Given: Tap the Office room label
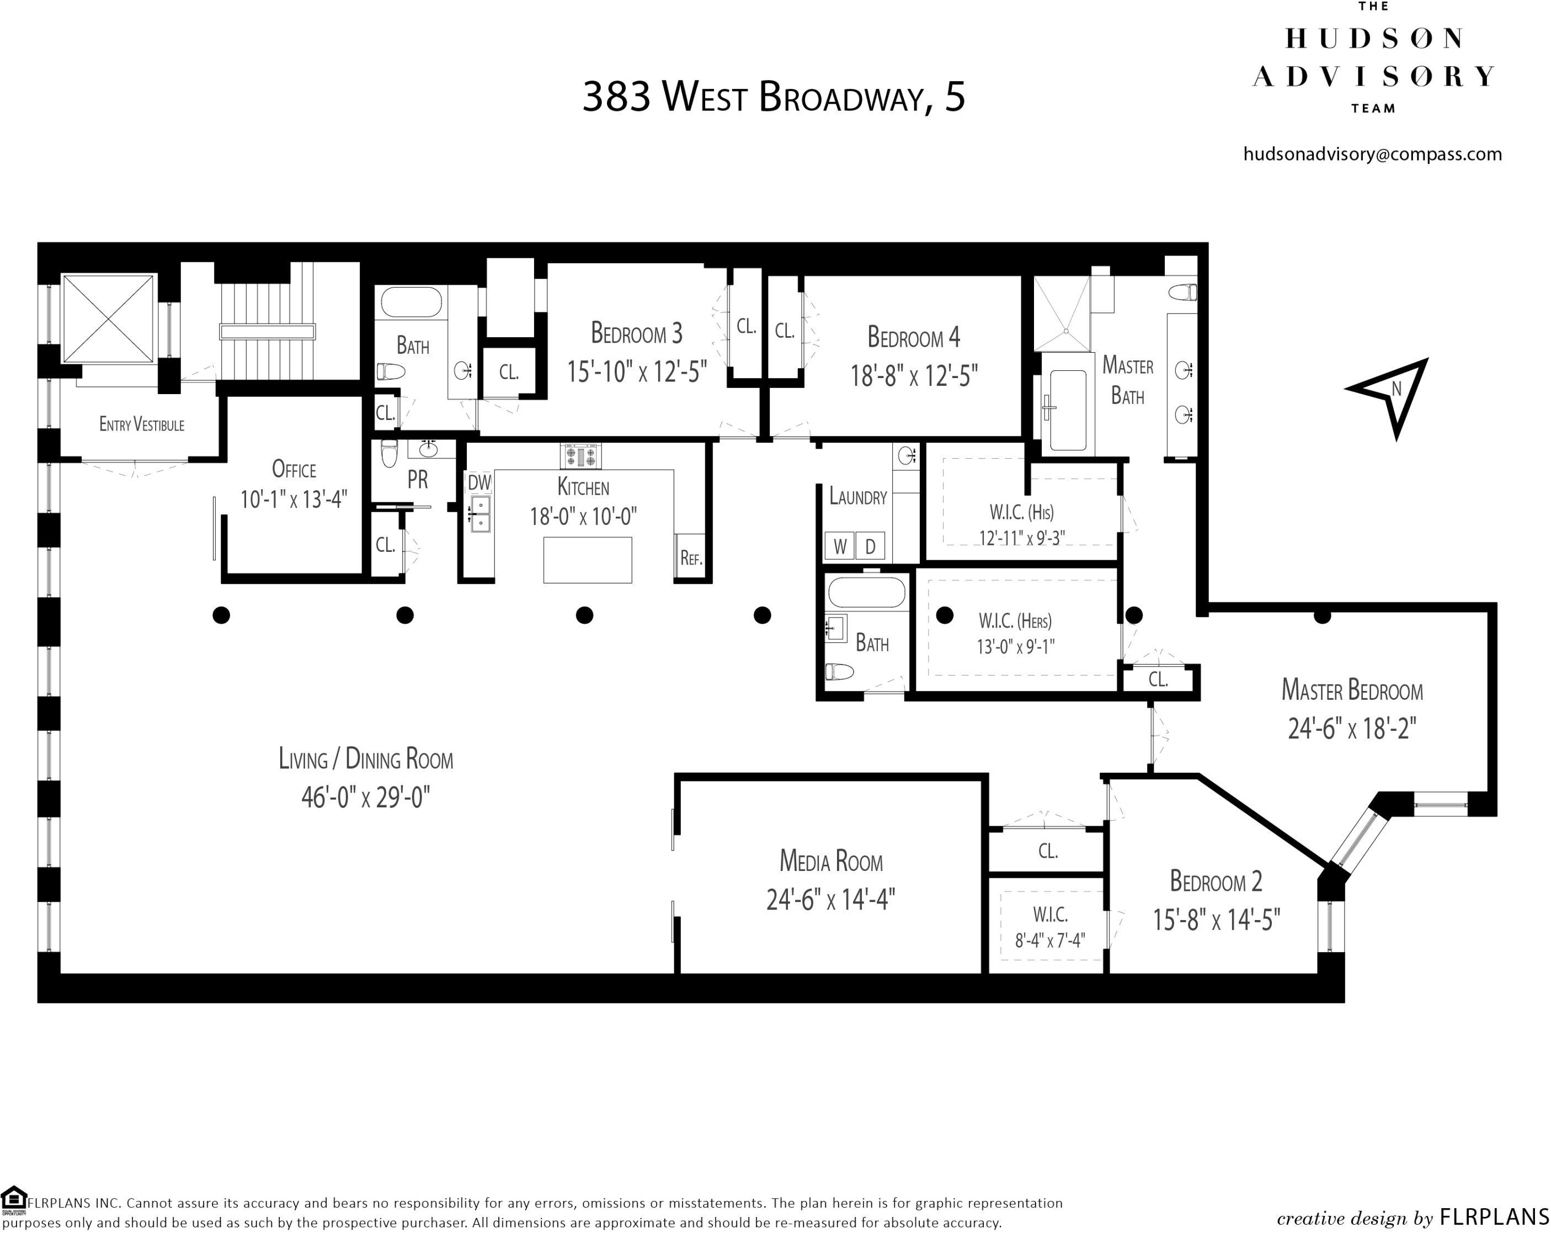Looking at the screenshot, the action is (294, 469).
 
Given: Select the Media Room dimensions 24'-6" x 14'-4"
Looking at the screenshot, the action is (830, 900).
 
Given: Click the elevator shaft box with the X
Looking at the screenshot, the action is (109, 318).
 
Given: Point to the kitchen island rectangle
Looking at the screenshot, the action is (587, 560).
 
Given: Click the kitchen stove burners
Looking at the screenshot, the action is (580, 456).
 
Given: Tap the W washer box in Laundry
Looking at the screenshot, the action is (840, 546).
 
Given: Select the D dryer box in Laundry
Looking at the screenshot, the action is (870, 546).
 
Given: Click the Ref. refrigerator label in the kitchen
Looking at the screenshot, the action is (691, 558).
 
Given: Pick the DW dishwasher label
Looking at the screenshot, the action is (479, 482).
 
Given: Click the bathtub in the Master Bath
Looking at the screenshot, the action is (1068, 410).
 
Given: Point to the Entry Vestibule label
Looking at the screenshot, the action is (142, 424).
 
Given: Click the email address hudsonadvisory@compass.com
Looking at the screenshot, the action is (1372, 154).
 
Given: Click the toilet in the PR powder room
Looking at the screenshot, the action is (389, 454).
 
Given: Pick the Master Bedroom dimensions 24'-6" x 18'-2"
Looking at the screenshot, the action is (1352, 729).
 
